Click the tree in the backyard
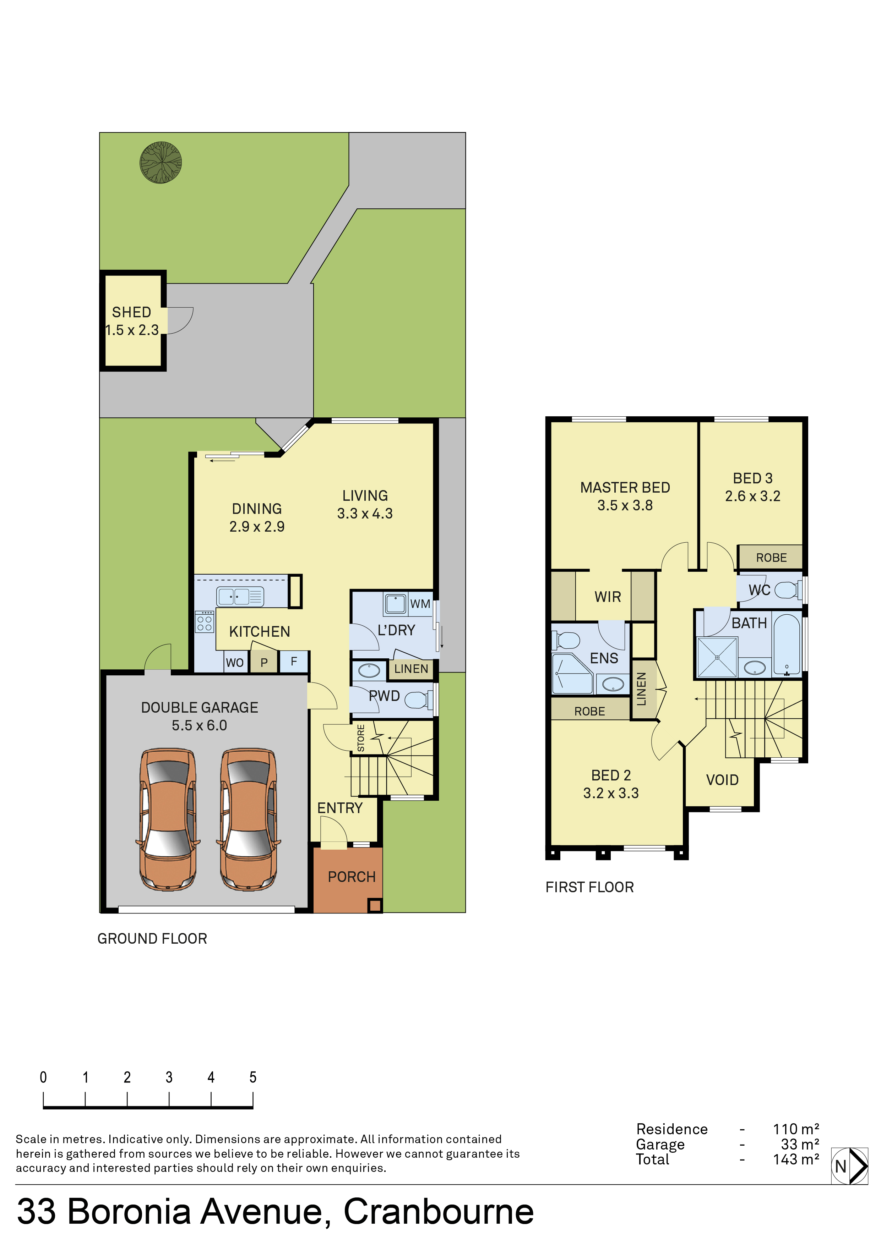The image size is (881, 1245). (161, 163)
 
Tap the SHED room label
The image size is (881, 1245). (131, 312)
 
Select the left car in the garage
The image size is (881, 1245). (168, 820)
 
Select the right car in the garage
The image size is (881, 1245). (249, 820)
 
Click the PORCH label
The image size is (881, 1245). (352, 877)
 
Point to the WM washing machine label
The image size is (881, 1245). (420, 604)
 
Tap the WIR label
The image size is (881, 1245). (608, 597)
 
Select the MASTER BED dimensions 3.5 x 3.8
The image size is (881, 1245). (625, 505)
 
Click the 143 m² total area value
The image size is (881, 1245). (796, 1159)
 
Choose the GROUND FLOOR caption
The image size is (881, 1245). (152, 939)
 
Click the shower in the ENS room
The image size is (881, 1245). (572, 674)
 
